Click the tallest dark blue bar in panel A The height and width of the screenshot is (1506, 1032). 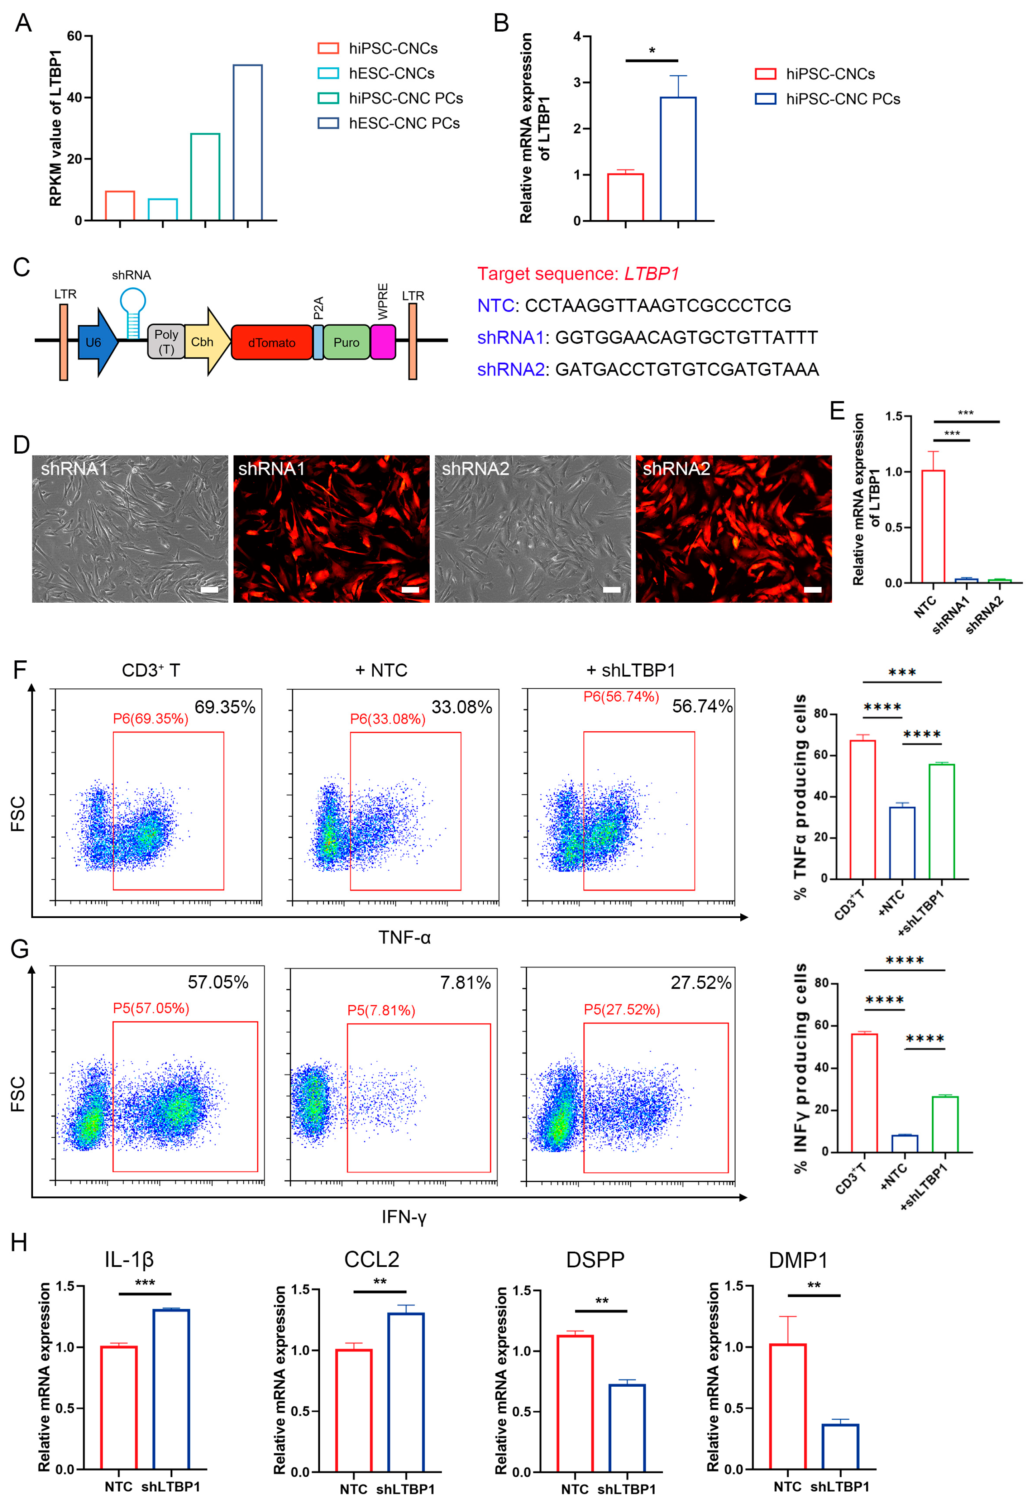click(248, 143)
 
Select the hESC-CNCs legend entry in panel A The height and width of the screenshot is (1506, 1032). click(391, 73)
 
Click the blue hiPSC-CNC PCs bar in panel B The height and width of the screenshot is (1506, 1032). click(678, 159)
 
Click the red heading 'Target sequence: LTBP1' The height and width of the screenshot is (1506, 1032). click(578, 274)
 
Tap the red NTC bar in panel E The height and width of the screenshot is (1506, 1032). click(933, 526)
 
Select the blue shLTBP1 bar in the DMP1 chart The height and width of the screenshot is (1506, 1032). click(840, 1447)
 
